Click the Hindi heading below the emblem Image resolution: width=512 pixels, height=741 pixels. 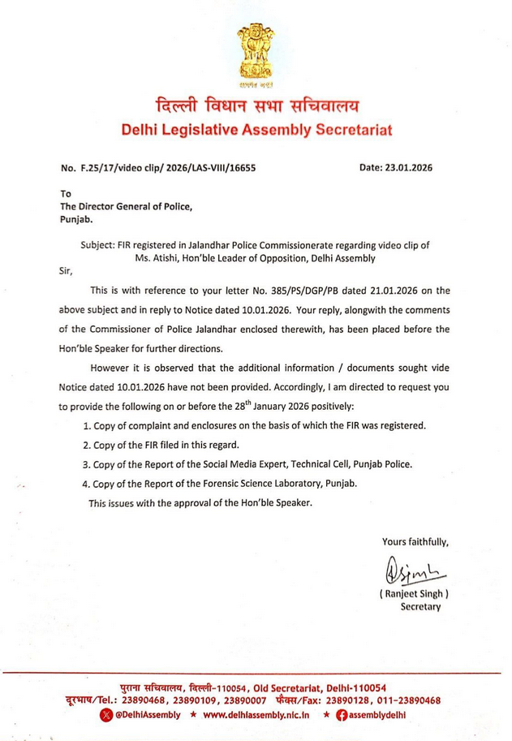256,106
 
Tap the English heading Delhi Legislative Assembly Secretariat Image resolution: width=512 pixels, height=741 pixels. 256,130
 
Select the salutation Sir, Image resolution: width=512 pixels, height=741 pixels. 68,272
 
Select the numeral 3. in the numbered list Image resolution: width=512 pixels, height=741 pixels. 88,464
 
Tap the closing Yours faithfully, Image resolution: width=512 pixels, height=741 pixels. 414,541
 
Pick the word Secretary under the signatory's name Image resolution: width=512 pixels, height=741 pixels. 419,606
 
